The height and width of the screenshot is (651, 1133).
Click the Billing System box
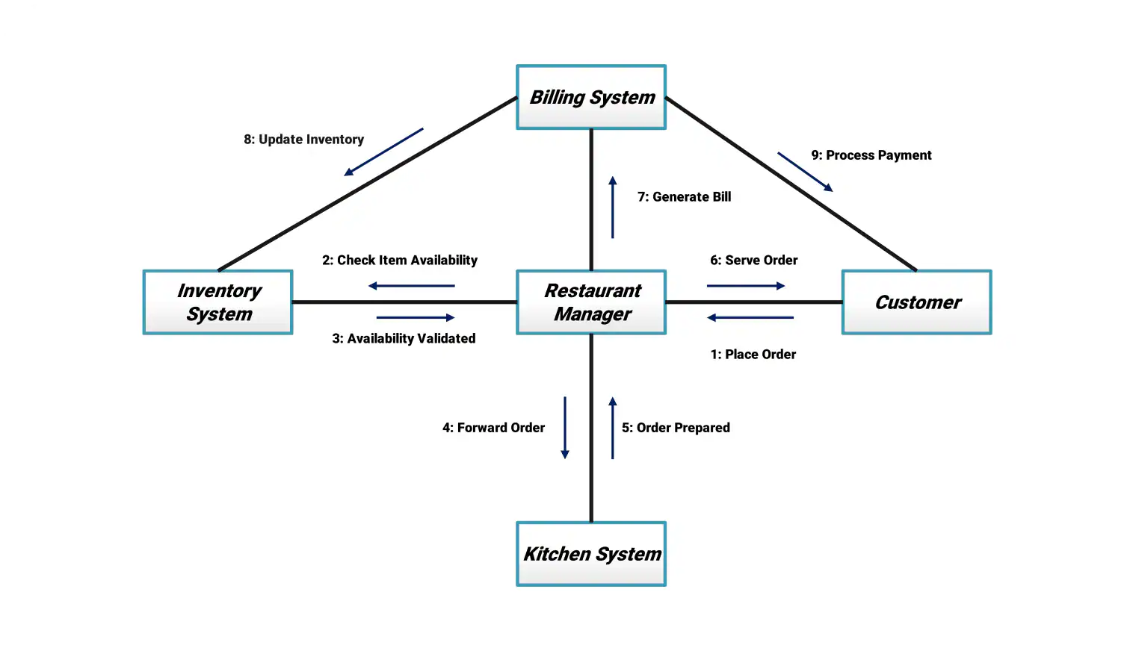tap(591, 97)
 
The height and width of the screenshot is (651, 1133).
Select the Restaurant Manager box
tap(591, 302)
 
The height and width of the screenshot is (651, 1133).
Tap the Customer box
tap(916, 302)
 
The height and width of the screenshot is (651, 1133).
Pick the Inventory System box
tap(217, 302)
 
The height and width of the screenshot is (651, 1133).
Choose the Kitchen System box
tap(591, 554)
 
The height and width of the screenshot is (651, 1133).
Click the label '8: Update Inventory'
tap(303, 140)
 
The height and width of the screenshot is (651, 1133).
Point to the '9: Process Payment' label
tap(871, 155)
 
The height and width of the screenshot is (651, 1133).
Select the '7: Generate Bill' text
tap(684, 197)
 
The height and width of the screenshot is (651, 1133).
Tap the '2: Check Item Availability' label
tap(400, 261)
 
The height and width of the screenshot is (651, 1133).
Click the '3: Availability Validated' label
tap(404, 339)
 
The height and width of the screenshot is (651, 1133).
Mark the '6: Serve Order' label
tap(753, 261)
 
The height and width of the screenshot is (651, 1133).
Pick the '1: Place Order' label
tap(753, 355)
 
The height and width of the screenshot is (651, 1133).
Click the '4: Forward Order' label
tap(493, 428)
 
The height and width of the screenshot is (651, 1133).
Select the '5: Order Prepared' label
tap(676, 428)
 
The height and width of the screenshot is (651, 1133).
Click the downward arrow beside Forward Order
tap(565, 428)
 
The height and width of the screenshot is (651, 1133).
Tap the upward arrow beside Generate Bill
tap(613, 208)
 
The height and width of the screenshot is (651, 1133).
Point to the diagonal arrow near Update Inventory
tap(383, 152)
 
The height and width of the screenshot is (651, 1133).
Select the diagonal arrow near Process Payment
tap(805, 172)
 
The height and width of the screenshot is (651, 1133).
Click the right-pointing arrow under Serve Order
tap(746, 286)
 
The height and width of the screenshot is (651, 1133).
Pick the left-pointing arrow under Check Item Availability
tap(412, 286)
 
